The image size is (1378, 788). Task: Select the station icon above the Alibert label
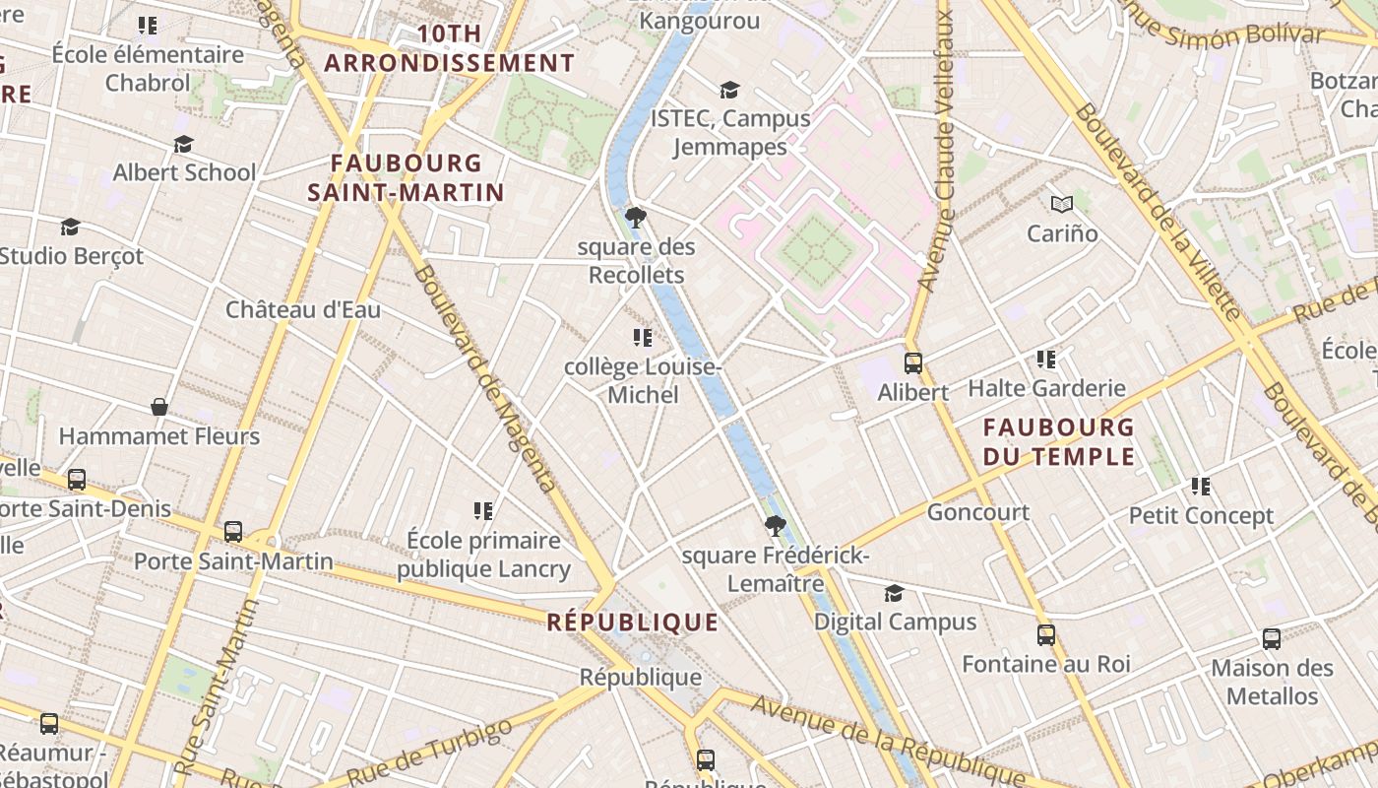(x=912, y=362)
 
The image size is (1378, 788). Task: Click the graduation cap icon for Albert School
(x=183, y=145)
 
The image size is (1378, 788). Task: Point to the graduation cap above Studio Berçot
(x=70, y=228)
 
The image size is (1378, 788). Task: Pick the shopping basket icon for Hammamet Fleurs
(x=158, y=407)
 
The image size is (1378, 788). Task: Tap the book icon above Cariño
(x=1061, y=204)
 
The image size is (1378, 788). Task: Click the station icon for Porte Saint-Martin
(x=233, y=532)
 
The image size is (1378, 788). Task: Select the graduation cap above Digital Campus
(x=894, y=593)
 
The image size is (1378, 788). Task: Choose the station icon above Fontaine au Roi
(x=1045, y=635)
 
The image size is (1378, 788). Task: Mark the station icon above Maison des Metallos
(x=1271, y=639)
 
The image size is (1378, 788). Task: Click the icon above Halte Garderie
(x=1045, y=360)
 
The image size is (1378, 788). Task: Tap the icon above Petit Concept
(x=1200, y=486)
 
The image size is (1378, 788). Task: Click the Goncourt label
(x=977, y=512)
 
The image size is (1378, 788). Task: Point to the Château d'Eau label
(x=303, y=309)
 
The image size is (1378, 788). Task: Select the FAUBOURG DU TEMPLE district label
(x=1058, y=441)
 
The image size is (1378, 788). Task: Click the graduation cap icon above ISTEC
(x=729, y=91)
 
